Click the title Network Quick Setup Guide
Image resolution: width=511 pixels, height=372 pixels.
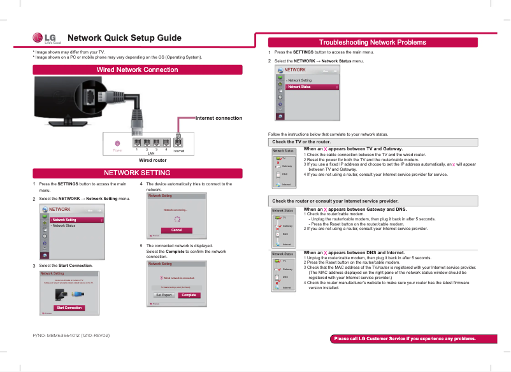[x=124, y=38]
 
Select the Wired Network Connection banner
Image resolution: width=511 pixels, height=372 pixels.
[x=137, y=69]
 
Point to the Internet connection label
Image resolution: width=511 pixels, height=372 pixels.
[x=219, y=118]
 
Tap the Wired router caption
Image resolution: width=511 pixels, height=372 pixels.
[x=152, y=160]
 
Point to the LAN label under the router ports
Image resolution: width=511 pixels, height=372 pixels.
[x=151, y=154]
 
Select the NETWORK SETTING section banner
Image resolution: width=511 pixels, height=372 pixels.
[x=137, y=173]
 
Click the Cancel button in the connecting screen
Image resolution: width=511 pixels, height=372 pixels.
[x=177, y=230]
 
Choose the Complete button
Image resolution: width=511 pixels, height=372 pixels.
[x=188, y=295]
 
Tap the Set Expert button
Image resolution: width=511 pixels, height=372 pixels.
[x=164, y=295]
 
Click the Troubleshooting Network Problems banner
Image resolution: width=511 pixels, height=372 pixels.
[x=372, y=42]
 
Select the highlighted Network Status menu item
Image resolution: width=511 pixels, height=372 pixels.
[x=312, y=87]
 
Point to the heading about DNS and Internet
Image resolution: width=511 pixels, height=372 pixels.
[x=354, y=252]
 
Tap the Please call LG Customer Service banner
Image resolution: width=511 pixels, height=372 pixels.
[x=405, y=338]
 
